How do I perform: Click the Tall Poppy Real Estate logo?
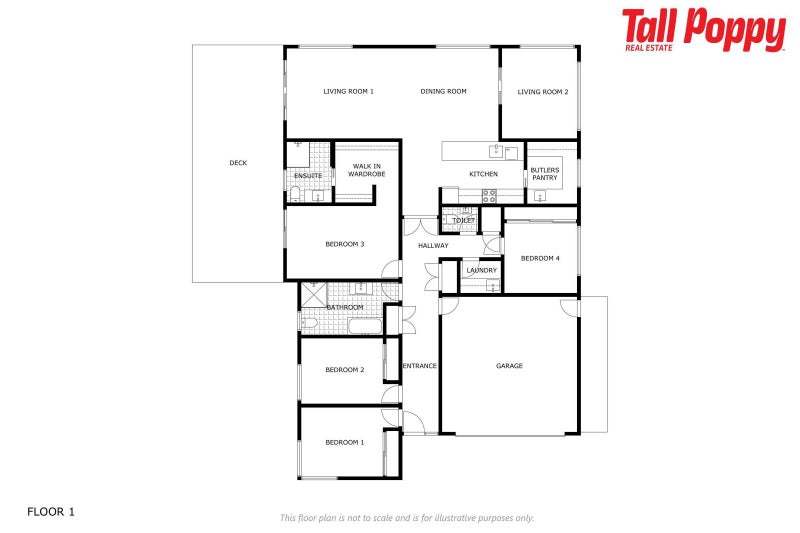click(703, 30)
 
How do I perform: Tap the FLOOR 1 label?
click(51, 512)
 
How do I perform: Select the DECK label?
click(238, 163)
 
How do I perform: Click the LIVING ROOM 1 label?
click(348, 92)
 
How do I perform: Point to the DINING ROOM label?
click(443, 92)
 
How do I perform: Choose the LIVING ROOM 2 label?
click(543, 92)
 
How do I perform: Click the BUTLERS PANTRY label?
click(545, 174)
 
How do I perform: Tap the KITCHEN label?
click(483, 174)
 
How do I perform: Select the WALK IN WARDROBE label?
click(366, 170)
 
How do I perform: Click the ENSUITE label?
click(308, 176)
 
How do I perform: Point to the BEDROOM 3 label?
click(344, 244)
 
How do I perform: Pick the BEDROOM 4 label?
click(540, 258)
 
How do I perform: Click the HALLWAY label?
click(433, 245)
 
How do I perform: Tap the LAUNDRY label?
click(482, 270)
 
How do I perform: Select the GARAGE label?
click(509, 366)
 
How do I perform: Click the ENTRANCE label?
click(419, 366)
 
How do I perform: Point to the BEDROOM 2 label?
click(344, 370)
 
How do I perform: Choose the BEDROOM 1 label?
click(344, 441)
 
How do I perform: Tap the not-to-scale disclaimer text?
click(406, 518)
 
